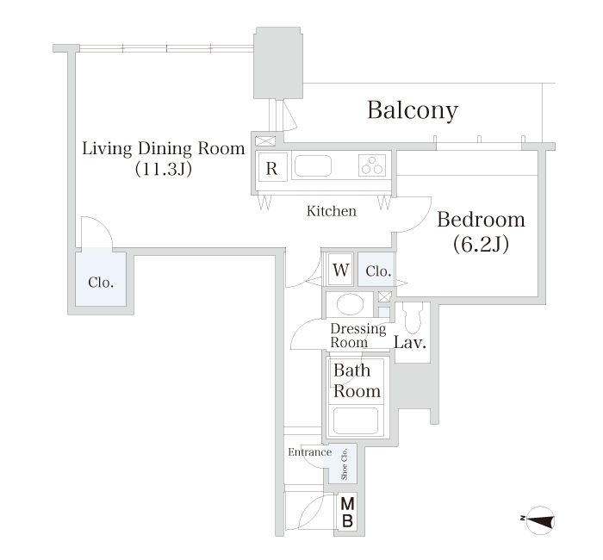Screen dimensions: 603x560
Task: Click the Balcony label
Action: [x=413, y=110]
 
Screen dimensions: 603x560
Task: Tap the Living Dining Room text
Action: [x=164, y=148]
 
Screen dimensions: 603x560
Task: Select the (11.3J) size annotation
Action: [x=164, y=169]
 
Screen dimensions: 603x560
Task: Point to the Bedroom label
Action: [x=481, y=220]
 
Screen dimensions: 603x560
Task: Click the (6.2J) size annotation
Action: [x=481, y=244]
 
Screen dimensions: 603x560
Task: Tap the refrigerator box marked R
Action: [x=271, y=168]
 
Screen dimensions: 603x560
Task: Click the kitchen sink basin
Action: [x=313, y=166]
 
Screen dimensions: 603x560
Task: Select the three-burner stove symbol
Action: [x=372, y=165]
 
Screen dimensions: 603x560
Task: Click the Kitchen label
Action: [x=332, y=211]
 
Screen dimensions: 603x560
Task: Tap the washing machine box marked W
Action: [x=341, y=269]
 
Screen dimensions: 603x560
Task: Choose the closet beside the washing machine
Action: [x=376, y=269]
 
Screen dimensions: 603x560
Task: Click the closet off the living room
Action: [x=101, y=277]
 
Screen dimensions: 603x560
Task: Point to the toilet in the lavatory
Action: [x=413, y=317]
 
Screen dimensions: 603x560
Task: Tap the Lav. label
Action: [x=410, y=342]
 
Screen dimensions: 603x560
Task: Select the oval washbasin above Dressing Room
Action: [x=350, y=305]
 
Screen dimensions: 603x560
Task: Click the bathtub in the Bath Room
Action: [x=355, y=420]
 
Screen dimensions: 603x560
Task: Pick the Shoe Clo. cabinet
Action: [x=343, y=464]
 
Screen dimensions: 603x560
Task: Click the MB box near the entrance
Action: [x=348, y=512]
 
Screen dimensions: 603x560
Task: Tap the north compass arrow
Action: [x=540, y=520]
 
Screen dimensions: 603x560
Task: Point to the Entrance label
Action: [x=310, y=452]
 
